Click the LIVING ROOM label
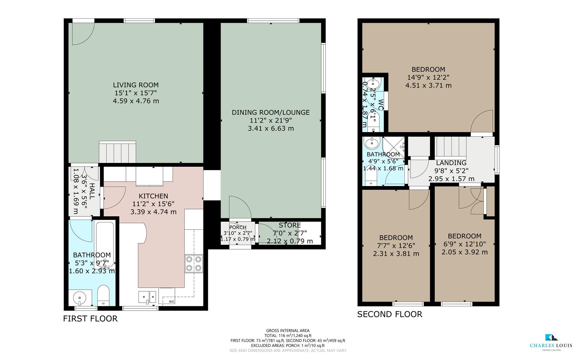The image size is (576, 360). (136, 85)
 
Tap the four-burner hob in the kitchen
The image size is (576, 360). (194, 263)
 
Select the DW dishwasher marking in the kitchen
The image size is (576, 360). (171, 302)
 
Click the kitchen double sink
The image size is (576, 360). (147, 297)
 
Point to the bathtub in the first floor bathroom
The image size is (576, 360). (105, 245)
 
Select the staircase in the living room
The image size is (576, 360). (117, 152)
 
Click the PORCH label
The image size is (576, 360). (238, 227)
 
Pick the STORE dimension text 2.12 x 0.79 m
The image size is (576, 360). (289, 241)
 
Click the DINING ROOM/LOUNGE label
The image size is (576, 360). (271, 112)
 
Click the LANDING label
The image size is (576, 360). (451, 163)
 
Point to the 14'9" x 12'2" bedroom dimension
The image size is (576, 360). (428, 77)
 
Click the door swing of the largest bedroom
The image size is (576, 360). (482, 122)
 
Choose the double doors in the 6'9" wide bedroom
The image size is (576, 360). (470, 200)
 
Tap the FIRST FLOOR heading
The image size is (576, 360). (90, 319)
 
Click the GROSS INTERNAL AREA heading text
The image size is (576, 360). (288, 331)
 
